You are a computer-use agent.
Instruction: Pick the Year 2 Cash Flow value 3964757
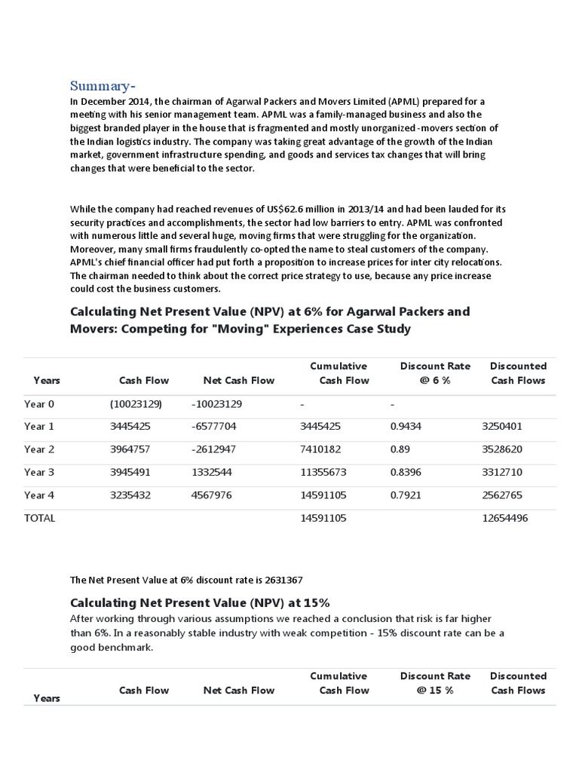pos(130,449)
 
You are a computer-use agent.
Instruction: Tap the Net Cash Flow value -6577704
pos(214,426)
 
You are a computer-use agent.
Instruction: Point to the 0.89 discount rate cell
pos(400,449)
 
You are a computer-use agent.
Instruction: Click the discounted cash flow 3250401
pos(501,426)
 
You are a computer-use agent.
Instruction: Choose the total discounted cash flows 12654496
pos(504,518)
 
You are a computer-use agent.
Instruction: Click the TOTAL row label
pos(39,518)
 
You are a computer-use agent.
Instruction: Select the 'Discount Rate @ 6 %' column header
pos(435,373)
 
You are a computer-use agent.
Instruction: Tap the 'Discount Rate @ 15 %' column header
pos(435,683)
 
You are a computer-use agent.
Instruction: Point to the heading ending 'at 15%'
pos(200,602)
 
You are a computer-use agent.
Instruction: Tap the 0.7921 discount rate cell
pos(406,495)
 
